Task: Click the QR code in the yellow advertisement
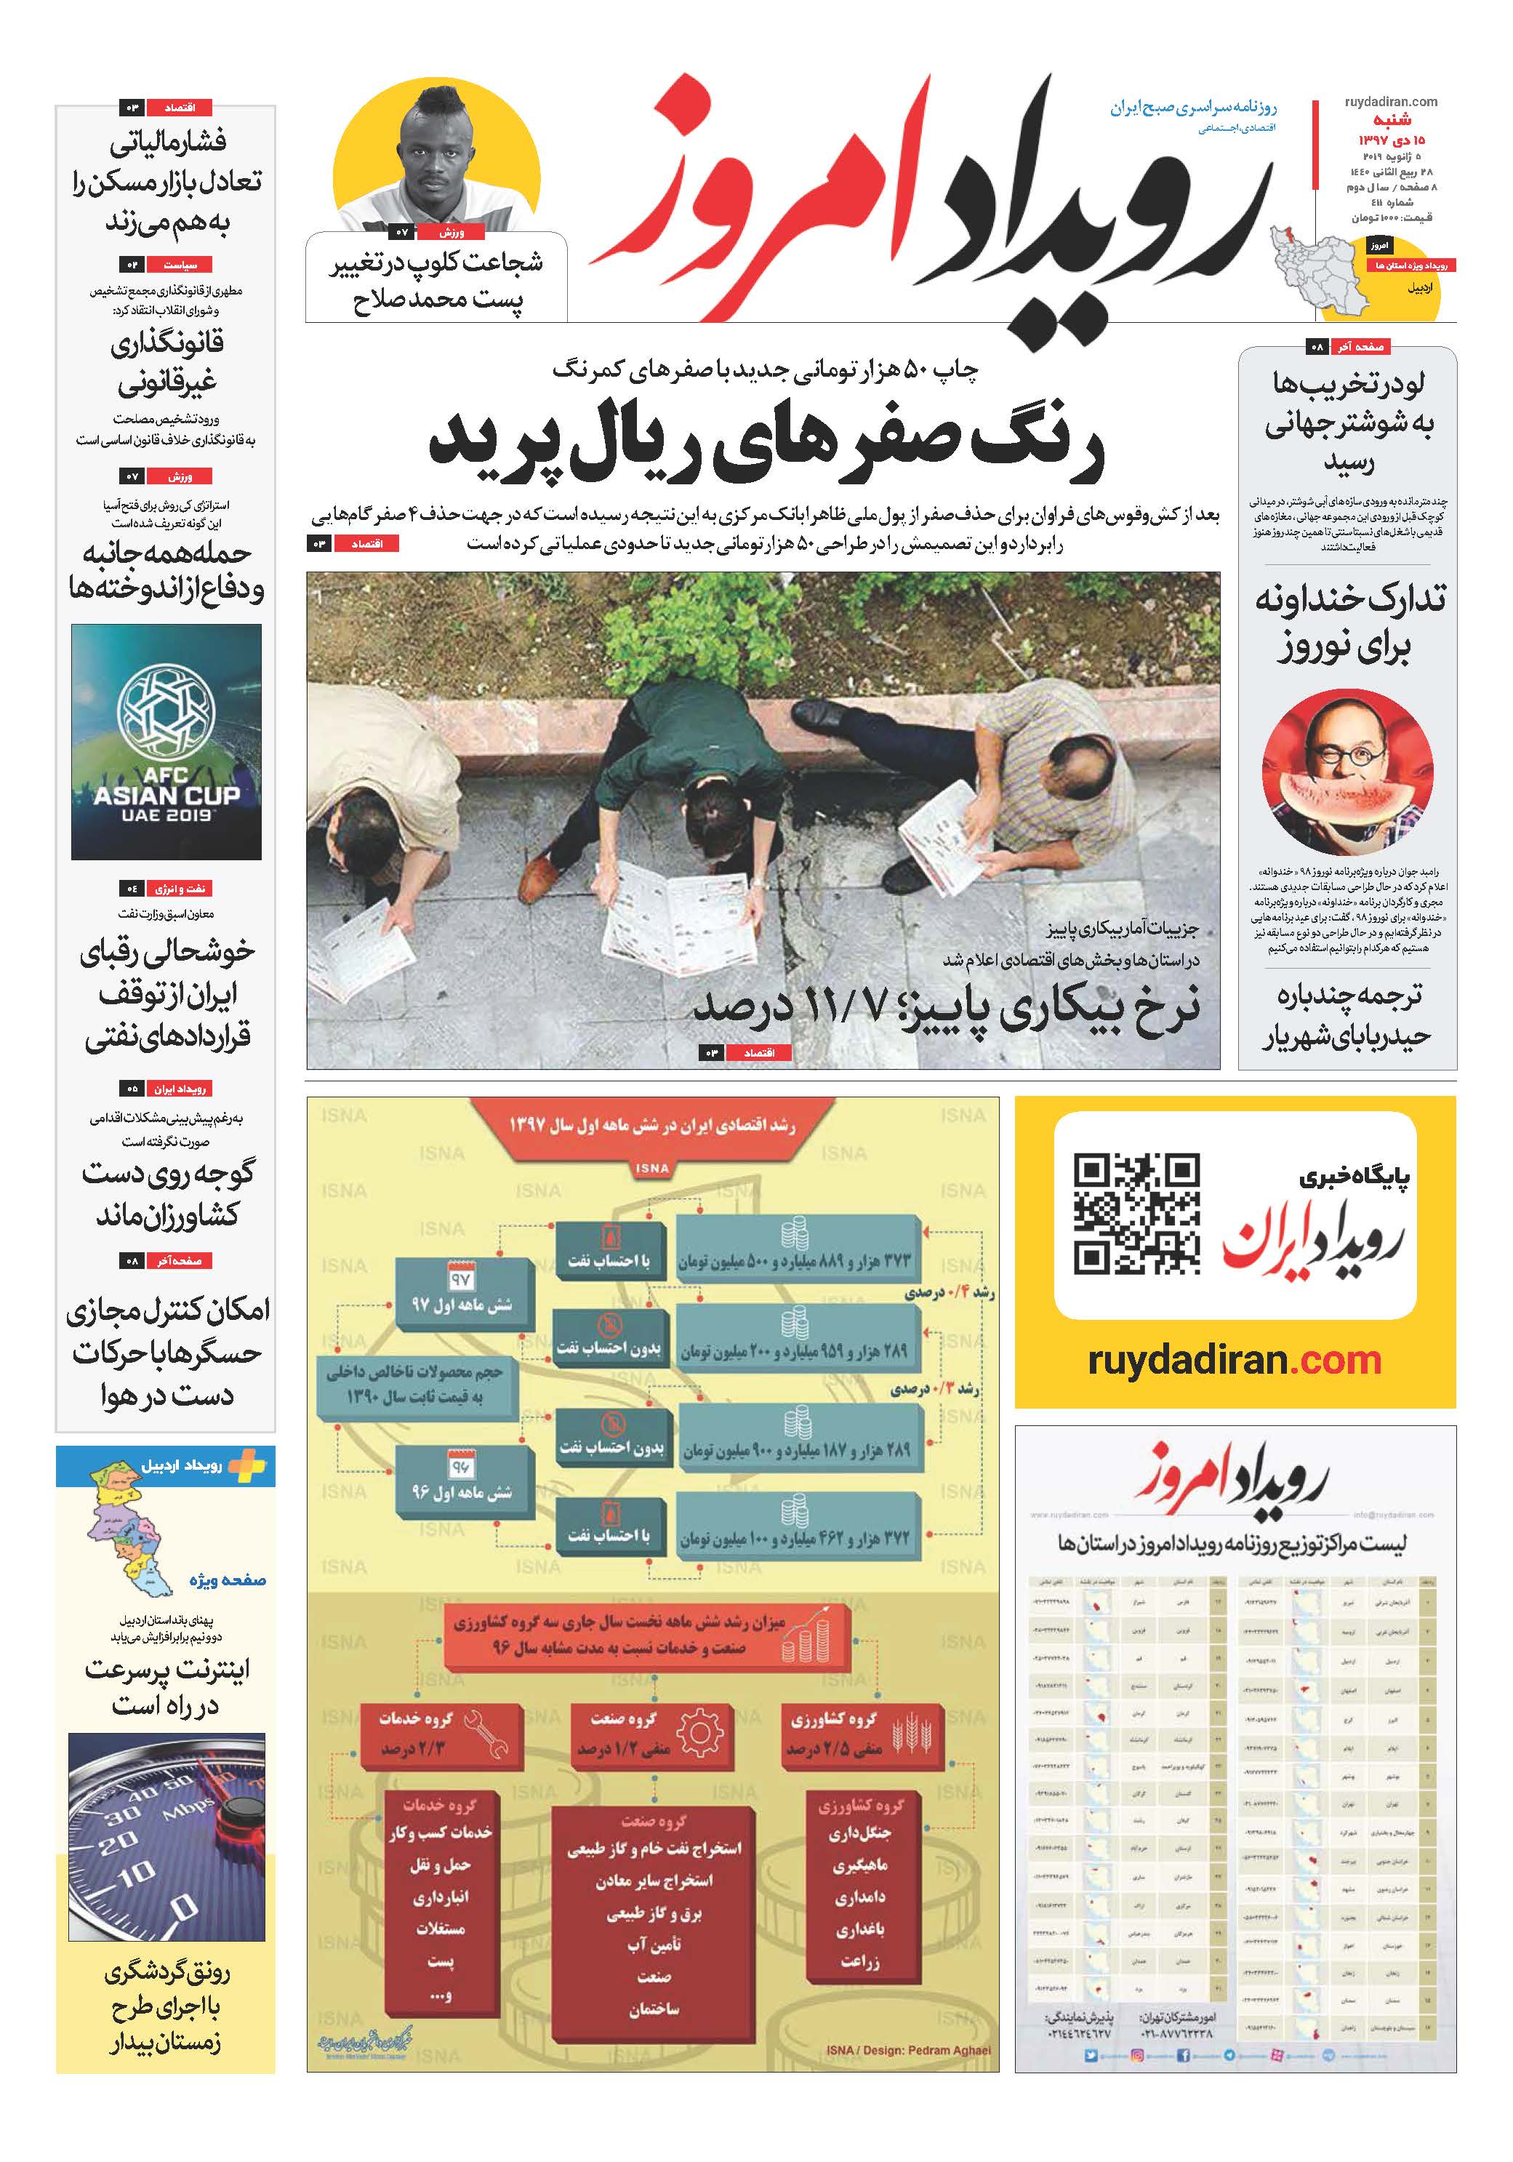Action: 1136,1214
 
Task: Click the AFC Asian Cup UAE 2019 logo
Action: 166,743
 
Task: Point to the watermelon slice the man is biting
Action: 1347,811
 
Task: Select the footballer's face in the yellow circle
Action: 437,161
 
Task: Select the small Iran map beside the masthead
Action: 1313,264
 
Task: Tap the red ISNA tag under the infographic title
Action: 651,1168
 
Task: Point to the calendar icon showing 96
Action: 460,1465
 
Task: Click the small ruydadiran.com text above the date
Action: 1391,102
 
